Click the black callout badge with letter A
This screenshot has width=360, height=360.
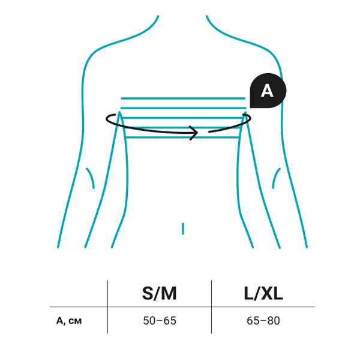click(268, 91)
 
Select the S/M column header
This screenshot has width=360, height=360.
click(160, 293)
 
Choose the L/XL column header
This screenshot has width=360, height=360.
click(263, 293)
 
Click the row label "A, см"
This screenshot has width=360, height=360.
click(69, 320)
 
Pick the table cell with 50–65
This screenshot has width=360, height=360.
click(160, 320)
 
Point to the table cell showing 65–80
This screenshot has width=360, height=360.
click(263, 320)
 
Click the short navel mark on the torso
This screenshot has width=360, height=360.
click(183, 228)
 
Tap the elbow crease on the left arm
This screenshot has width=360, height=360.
click(91, 178)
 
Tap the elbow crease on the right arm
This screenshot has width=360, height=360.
click(277, 178)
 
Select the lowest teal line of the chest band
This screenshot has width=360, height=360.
click(182, 137)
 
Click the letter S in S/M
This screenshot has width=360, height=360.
click(148, 293)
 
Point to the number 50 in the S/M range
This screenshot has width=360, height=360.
click(150, 320)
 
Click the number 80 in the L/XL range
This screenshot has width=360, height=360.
click(273, 320)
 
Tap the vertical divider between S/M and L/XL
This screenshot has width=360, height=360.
click(211, 306)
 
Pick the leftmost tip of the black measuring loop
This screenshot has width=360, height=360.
click(106, 118)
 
